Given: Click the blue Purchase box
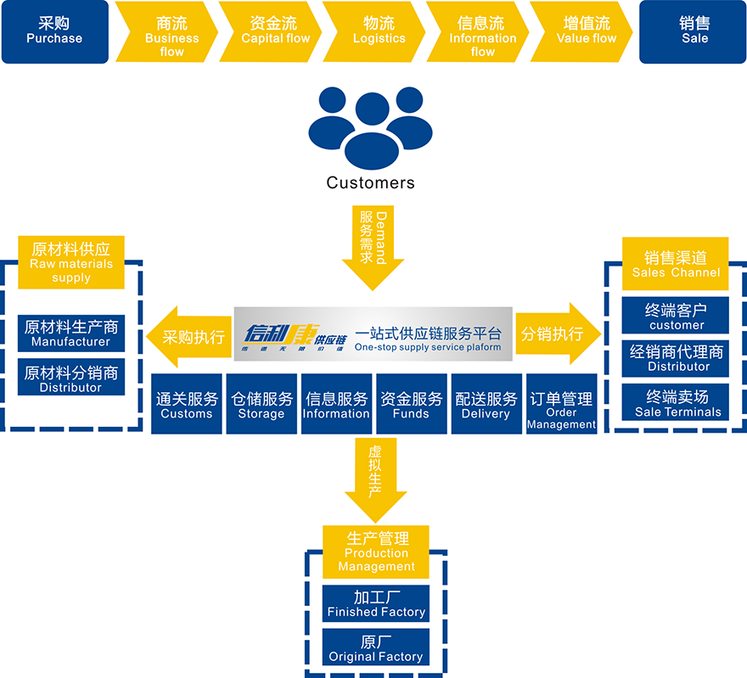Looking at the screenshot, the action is [55, 31].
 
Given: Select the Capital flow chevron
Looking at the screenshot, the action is [271, 31].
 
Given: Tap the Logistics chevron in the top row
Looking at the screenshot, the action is [374, 31].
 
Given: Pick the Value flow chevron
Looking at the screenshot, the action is [581, 31].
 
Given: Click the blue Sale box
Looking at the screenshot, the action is [693, 31].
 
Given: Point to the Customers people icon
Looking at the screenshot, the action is [371, 127].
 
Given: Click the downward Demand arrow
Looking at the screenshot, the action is [373, 248].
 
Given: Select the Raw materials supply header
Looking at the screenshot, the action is [71, 262].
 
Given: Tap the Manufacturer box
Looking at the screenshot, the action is [71, 333].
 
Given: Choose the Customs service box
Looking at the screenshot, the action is [187, 404].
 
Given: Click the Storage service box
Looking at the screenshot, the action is [261, 404].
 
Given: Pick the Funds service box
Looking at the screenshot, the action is [412, 404].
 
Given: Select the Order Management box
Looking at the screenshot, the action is [562, 404].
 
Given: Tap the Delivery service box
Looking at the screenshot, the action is [486, 404].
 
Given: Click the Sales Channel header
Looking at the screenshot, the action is [676, 264].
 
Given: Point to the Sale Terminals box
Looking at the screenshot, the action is [676, 402].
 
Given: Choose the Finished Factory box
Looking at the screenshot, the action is [376, 603].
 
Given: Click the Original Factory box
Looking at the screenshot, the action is [376, 647].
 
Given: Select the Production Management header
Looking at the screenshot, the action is [376, 552].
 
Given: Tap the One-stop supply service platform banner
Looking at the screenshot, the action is [373, 334].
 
